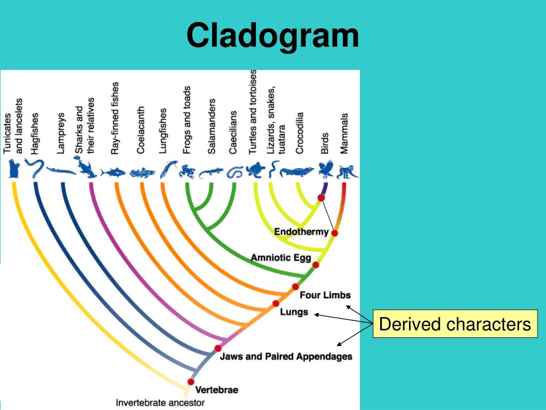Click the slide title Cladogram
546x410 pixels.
[272, 36]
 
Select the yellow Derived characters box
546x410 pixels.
[455, 324]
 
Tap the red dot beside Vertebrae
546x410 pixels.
[190, 382]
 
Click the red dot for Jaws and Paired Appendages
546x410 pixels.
[218, 348]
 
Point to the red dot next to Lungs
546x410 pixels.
[276, 303]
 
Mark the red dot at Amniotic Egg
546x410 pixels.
[316, 265]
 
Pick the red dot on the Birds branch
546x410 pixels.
[321, 198]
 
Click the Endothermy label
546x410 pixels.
[301, 232]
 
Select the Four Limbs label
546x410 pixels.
[325, 295]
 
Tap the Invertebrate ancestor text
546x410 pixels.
[160, 403]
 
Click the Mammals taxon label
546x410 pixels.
[344, 133]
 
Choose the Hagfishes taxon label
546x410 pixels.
[35, 133]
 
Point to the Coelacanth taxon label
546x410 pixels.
[141, 129]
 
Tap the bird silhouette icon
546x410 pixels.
[325, 169]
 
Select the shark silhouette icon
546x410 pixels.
[85, 168]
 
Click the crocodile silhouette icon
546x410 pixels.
[297, 172]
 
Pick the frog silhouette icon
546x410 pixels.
[187, 171]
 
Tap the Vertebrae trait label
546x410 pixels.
[216, 390]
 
